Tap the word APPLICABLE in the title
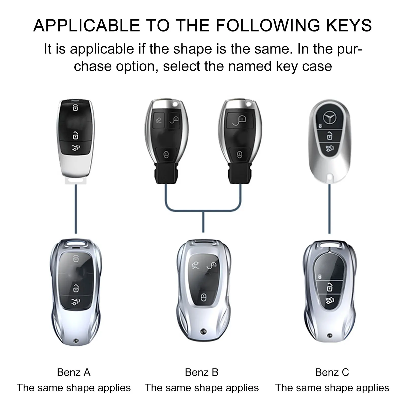point(87,25)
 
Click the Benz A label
point(74,372)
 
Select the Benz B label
point(201,372)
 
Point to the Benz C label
point(332,372)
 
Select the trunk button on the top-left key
point(75,147)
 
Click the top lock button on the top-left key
point(75,107)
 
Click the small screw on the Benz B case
point(203,332)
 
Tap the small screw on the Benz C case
point(330,335)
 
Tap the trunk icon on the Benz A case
point(75,302)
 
